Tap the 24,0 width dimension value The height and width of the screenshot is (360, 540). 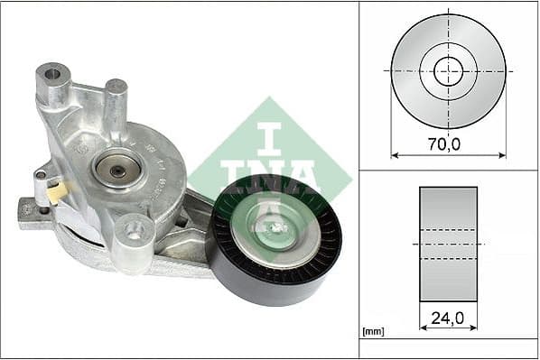[x=448, y=318]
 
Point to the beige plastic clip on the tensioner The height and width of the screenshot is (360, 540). [x=57, y=191]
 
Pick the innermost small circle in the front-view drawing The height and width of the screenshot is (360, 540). [x=448, y=70]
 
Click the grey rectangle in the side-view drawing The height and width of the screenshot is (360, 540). [x=448, y=244]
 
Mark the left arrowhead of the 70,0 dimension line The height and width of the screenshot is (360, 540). [x=395, y=155]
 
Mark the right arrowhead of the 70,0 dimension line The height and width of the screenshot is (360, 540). [x=502, y=155]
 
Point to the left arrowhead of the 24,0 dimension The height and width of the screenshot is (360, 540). [x=423, y=329]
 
